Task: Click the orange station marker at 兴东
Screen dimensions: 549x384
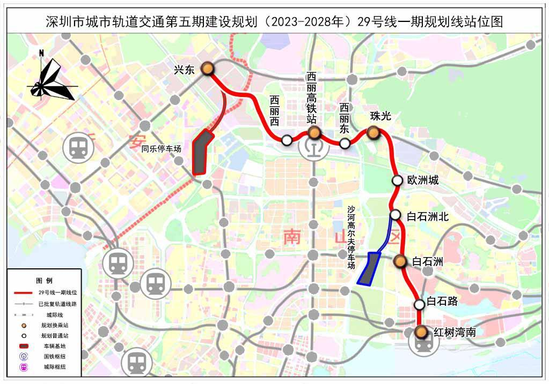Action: pos(208,69)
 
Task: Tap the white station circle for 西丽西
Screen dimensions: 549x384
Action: pos(287,140)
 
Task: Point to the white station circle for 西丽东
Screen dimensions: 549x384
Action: pos(345,143)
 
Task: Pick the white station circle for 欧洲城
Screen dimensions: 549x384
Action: pos(397,180)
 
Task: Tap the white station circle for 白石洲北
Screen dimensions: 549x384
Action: pos(396,215)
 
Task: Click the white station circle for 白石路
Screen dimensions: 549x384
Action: pos(419,304)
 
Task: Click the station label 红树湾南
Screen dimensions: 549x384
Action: pos(455,332)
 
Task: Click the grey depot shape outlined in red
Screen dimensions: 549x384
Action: pos(202,152)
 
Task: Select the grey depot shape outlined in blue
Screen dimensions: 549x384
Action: pos(370,267)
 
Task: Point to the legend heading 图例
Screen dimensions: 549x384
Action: pos(44,281)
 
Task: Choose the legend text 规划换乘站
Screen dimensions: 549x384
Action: pos(54,325)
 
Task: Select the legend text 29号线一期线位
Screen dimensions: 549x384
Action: pos(58,292)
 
